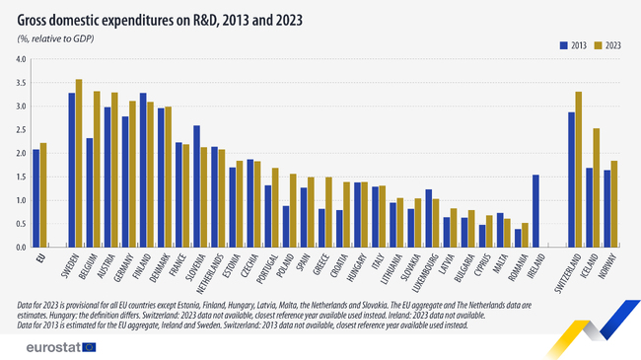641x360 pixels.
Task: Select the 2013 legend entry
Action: (573, 44)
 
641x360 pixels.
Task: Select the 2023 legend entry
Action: (608, 44)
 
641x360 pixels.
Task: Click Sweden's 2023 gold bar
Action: (79, 163)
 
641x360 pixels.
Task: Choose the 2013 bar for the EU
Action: (36, 198)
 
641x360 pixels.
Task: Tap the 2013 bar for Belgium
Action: (90, 192)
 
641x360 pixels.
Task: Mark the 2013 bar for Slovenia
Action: (196, 186)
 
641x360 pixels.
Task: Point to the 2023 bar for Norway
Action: (615, 204)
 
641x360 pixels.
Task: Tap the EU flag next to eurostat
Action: (89, 346)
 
